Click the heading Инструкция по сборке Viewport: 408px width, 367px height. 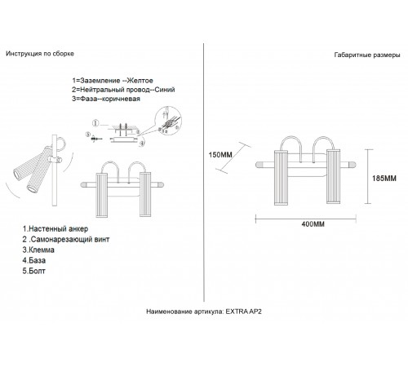click(x=40, y=54)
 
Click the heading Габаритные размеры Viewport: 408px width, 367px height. click(x=367, y=55)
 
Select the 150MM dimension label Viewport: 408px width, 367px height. click(x=220, y=155)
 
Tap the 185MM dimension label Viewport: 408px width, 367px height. click(x=384, y=179)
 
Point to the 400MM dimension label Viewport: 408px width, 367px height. click(x=313, y=224)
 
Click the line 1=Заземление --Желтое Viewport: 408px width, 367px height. click(x=113, y=81)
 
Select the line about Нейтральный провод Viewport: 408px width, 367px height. click(x=123, y=90)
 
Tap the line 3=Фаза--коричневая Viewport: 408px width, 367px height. click(x=106, y=99)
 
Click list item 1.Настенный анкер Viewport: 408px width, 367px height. click(x=55, y=228)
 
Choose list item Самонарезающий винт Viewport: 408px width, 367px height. click(x=66, y=239)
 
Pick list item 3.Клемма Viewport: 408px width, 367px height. click(x=38, y=250)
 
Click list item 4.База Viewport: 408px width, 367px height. click(x=34, y=260)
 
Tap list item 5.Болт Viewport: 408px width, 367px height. click(x=33, y=271)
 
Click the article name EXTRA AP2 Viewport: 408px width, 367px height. click(x=244, y=312)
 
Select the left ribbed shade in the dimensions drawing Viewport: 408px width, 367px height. click(x=281, y=177)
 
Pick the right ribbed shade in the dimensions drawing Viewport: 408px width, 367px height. click(x=333, y=176)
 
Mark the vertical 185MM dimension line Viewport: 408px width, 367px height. click(x=368, y=176)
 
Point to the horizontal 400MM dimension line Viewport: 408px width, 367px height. click(x=306, y=218)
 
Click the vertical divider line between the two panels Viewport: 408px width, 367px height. click(x=204, y=172)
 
